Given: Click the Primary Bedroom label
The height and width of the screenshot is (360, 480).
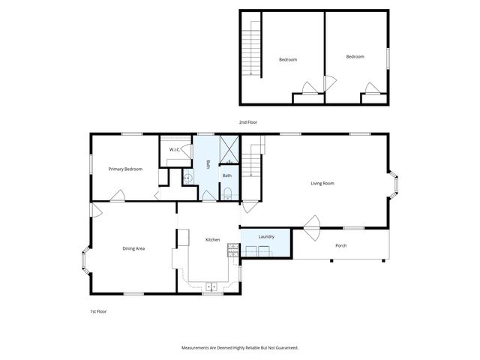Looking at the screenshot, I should (125, 169).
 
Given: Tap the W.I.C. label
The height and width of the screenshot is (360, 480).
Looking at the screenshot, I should (174, 150).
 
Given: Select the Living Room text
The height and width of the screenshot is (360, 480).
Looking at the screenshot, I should (322, 183).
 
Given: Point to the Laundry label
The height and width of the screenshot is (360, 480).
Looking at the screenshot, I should (266, 237).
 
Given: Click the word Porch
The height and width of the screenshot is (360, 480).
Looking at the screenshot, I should (341, 245).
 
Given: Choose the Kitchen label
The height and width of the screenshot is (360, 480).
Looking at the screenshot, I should (213, 239).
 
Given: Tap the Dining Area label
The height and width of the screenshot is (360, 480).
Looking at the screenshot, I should (133, 247).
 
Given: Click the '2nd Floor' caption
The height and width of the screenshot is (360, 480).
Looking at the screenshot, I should (248, 122).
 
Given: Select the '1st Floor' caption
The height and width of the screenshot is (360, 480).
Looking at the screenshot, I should (98, 310).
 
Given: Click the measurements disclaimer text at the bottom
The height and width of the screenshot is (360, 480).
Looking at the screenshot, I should (240, 348).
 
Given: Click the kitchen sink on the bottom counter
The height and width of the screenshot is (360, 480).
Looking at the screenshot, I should (212, 286).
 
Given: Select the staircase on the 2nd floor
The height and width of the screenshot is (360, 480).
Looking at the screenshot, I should (251, 48).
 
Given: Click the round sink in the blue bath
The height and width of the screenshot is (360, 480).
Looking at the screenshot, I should (189, 178).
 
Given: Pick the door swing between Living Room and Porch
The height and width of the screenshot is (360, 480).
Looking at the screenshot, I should (312, 224).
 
